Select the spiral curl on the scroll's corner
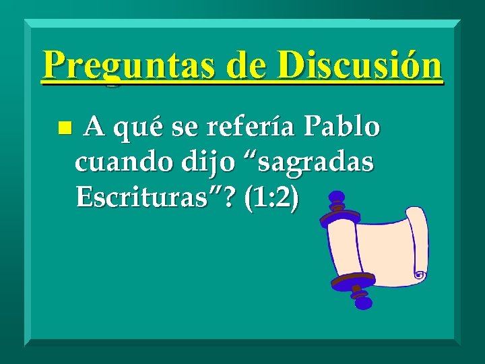click(x=420, y=275)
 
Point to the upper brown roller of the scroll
click(x=340, y=218)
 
